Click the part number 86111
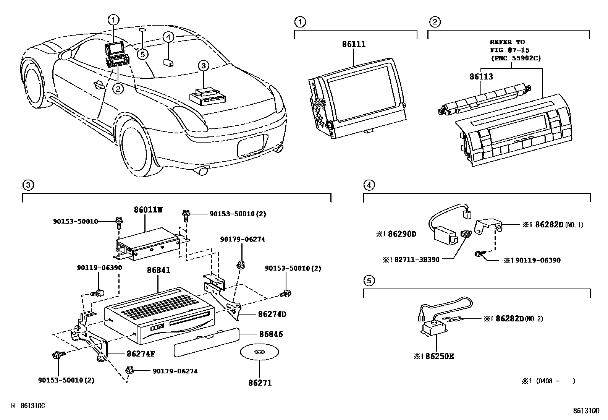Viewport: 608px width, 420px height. click(x=353, y=44)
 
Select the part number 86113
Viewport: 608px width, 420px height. click(x=481, y=77)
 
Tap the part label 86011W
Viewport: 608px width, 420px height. click(x=148, y=210)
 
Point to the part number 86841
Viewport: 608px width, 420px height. click(x=158, y=270)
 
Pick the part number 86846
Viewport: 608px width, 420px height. click(x=271, y=334)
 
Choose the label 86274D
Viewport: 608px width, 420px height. click(x=272, y=315)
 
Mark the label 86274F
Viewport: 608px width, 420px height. click(x=141, y=354)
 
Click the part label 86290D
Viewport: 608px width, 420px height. click(x=402, y=234)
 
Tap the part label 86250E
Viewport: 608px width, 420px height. click(x=439, y=357)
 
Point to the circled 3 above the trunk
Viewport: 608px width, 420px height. click(x=203, y=66)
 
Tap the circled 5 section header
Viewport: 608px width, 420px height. click(x=369, y=281)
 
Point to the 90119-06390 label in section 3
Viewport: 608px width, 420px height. click(x=99, y=268)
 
